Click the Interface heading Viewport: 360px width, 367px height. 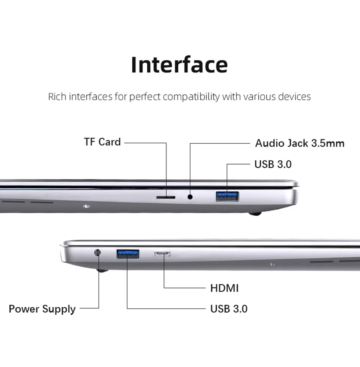[x=179, y=65]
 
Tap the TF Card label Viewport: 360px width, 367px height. [x=102, y=142]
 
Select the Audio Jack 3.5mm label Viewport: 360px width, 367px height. [x=300, y=143]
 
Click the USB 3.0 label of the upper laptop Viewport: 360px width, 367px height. [x=273, y=164]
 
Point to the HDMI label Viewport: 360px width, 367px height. [x=224, y=288]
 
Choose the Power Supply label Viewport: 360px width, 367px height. [x=42, y=309]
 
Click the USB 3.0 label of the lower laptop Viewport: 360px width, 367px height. [x=229, y=309]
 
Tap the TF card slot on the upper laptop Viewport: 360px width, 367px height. [x=165, y=196]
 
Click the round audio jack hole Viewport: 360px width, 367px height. [x=190, y=196]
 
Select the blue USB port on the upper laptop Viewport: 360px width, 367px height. [x=227, y=196]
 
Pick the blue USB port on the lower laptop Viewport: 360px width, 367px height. [x=128, y=254]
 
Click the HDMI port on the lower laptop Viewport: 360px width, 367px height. [x=162, y=254]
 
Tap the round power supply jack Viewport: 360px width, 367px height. [x=98, y=253]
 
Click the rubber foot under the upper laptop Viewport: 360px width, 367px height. [x=255, y=214]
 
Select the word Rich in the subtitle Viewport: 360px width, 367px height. [x=56, y=97]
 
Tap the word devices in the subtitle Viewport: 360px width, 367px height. [x=294, y=97]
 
